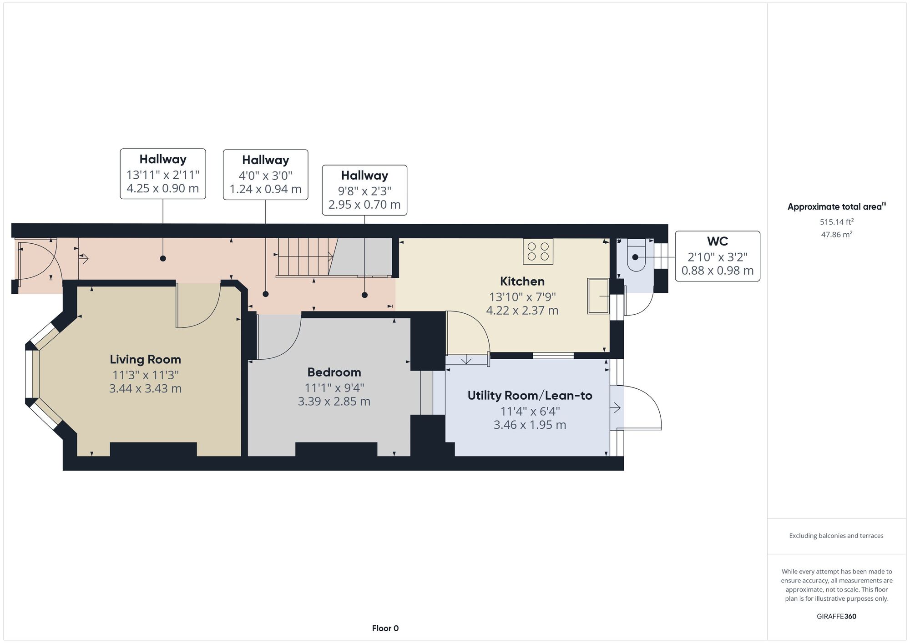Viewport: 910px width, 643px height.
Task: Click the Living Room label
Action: pyautogui.click(x=145, y=359)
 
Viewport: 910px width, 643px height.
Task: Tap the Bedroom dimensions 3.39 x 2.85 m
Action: pyautogui.click(x=334, y=402)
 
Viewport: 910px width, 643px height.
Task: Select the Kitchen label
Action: pyautogui.click(x=522, y=281)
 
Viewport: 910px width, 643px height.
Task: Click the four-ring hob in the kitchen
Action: pyautogui.click(x=538, y=251)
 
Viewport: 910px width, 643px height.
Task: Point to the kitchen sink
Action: pyautogui.click(x=598, y=296)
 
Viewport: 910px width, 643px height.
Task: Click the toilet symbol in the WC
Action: pyautogui.click(x=636, y=257)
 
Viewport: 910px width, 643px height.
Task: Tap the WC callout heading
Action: pyautogui.click(x=717, y=241)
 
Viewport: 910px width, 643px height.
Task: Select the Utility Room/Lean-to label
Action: pyautogui.click(x=530, y=396)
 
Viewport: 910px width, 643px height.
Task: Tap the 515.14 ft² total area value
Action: pyautogui.click(x=836, y=222)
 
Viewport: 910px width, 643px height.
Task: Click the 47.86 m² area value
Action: pyautogui.click(x=836, y=235)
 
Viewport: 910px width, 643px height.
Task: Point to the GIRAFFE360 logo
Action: pyautogui.click(x=836, y=617)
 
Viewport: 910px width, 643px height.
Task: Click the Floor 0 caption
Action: pyautogui.click(x=385, y=628)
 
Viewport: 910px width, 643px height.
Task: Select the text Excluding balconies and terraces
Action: pyautogui.click(x=836, y=536)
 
